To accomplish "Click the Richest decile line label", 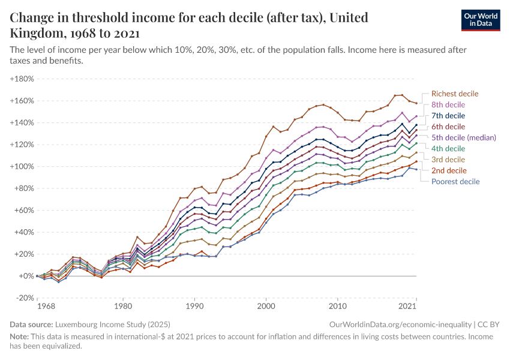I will click(455, 94).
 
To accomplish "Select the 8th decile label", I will click(448, 104).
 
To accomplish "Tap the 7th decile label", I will click(448, 115).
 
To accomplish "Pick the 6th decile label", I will click(448, 126).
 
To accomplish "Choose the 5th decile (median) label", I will click(464, 137).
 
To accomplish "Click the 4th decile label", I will click(448, 148).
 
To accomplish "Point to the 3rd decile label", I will click(448, 159).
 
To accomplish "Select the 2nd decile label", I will click(449, 170).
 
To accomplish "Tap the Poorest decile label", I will click(455, 181).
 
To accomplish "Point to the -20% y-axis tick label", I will click(23, 298).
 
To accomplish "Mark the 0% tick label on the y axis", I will click(26, 276).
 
